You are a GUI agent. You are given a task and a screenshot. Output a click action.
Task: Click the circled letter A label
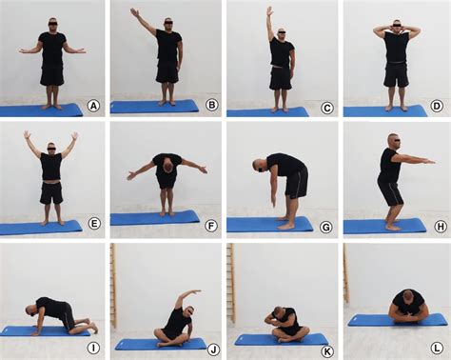coord(92,106)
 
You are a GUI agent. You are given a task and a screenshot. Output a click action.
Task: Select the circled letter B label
coord(211,106)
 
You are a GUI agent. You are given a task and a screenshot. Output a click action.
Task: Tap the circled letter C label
coord(327,107)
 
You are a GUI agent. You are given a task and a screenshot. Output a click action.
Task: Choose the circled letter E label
coord(92,225)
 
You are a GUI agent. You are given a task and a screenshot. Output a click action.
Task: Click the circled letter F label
coord(211,225)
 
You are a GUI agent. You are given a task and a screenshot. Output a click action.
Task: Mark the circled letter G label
coord(327,225)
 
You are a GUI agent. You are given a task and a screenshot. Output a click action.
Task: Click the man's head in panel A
coord(51,22)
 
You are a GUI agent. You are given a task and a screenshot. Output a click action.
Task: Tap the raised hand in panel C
coord(269,10)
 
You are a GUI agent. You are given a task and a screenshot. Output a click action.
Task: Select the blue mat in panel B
coord(152,107)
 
